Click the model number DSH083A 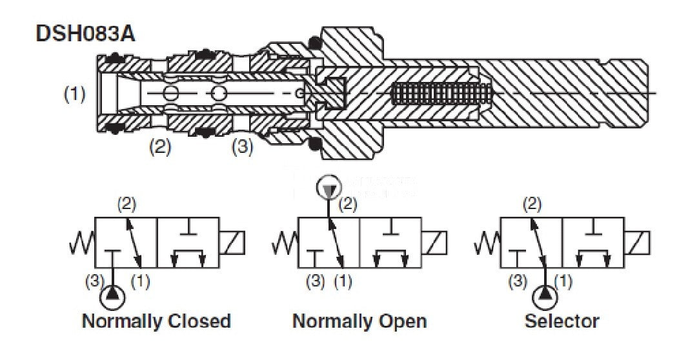(85, 34)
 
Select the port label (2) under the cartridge (159, 147)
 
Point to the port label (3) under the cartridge (242, 147)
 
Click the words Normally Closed (156, 321)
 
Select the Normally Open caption (360, 321)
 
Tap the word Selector (562, 321)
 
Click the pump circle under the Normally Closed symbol (114, 297)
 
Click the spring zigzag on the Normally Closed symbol (82, 243)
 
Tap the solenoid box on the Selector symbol (642, 243)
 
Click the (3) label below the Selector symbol (517, 282)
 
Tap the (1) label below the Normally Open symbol (343, 282)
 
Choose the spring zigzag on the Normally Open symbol (285, 243)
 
